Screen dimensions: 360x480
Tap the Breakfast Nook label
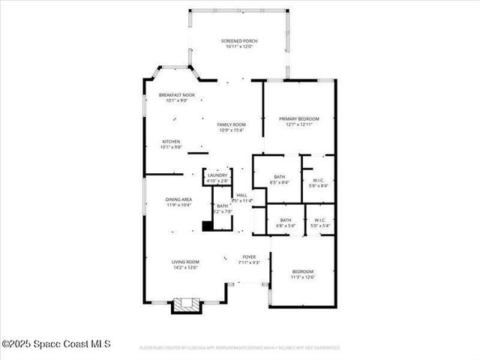pyautogui.click(x=176, y=94)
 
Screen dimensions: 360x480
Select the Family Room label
pyautogui.click(x=232, y=124)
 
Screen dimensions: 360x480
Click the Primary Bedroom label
pyautogui.click(x=299, y=118)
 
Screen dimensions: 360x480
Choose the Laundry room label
pyautogui.click(x=217, y=175)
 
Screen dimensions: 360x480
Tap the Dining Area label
pyautogui.click(x=178, y=199)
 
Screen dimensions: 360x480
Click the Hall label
pyautogui.click(x=241, y=196)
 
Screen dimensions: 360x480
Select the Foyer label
pyautogui.click(x=249, y=256)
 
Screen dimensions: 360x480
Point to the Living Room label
pyautogui.click(x=186, y=262)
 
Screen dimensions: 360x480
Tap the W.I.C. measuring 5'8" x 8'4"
pyautogui.click(x=319, y=181)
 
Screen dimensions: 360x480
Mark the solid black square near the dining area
pyautogui.click(x=208, y=226)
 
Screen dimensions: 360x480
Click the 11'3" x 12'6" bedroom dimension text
pyautogui.click(x=303, y=277)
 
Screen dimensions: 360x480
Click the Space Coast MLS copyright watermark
pyautogui.click(x=56, y=344)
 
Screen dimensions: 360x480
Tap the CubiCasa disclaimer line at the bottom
pyautogui.click(x=240, y=348)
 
